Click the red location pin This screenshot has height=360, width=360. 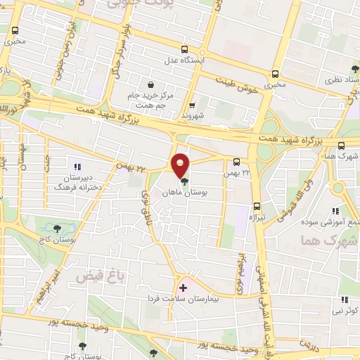tap(181, 165)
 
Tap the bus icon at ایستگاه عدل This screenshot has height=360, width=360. tap(184, 49)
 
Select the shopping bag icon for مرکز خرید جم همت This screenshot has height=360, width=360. tap(151, 84)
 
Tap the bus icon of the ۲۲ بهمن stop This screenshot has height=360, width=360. tap(236, 161)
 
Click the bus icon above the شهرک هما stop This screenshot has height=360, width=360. tap(341, 146)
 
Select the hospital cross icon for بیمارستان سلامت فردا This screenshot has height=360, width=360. tap(183, 288)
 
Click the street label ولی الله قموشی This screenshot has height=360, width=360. tap(292, 195)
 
